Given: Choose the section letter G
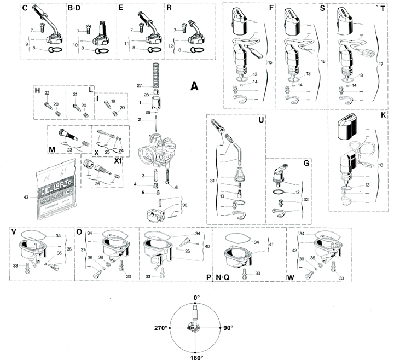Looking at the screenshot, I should pos(306,163).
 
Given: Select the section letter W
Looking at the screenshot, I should pos(290,277).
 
